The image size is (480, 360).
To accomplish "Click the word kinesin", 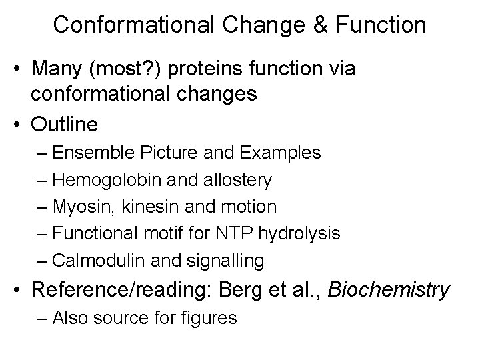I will point(141,207).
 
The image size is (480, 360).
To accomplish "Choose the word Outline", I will point(65,125).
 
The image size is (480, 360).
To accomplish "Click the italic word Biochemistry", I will point(389,291).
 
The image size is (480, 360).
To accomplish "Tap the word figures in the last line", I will point(209,318).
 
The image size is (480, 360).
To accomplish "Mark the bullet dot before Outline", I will point(20,125).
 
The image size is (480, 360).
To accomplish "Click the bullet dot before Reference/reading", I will point(20,291).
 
